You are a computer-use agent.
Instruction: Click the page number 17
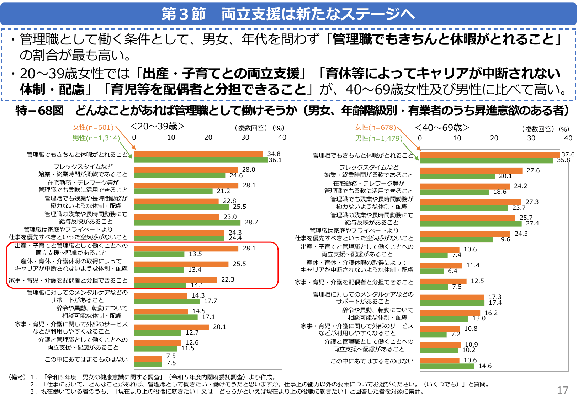pos(562,390)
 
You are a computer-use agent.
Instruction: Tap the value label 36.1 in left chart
pos(275,160)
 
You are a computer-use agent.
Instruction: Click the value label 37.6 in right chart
pos(568,154)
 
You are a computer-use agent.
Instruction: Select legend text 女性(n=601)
pos(93,127)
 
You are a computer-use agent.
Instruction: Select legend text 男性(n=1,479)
pos(378,138)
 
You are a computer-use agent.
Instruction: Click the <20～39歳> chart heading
pos(157,126)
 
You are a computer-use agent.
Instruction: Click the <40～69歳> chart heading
pos(442,128)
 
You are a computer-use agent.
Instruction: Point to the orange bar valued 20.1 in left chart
pos(171,327)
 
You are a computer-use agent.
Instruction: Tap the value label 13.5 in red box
pos(195,254)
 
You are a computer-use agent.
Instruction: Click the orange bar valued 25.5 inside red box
pos(181,264)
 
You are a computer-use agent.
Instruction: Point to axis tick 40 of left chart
pos(282,138)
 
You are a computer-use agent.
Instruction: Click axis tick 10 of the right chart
pos(457,138)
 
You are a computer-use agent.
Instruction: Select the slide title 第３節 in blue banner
pos(184,14)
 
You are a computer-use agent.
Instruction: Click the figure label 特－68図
pos(39,111)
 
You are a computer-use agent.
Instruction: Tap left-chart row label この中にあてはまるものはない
pos(86,359)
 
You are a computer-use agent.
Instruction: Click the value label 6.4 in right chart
pos(452,271)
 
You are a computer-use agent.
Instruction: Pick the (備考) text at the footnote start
pos(17,377)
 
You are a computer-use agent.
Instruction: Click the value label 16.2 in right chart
pos(491,313)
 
